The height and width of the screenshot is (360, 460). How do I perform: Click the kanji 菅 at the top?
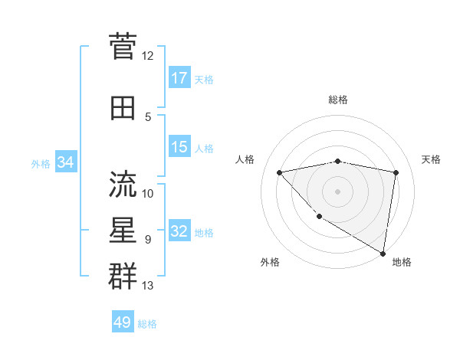pos(123,46)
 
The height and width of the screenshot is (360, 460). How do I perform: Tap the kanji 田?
pos(123,108)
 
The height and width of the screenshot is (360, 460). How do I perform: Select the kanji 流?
pos(123,184)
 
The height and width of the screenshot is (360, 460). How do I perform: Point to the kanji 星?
pos(123,230)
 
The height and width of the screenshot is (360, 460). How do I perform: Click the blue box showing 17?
pos(179,78)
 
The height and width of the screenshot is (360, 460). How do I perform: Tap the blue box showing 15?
pos(179,147)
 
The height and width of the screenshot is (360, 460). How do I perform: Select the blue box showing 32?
pos(179,232)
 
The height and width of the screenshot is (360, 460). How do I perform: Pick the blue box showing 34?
pos(66,162)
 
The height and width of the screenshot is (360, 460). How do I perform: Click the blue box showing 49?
pos(123,322)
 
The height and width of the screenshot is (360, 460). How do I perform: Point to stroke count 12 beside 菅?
pos(148,56)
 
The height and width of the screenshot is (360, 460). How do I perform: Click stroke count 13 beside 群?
pos(148,286)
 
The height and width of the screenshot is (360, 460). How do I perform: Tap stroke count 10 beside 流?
pos(148,193)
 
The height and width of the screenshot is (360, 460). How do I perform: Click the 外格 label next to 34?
pos(41,163)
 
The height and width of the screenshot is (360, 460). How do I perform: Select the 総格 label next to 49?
pos(147,323)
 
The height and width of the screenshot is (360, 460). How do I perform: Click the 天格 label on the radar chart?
pos(432,159)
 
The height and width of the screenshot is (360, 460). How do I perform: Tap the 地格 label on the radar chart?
pos(402,262)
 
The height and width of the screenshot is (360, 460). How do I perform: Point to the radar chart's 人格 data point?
pos(279,172)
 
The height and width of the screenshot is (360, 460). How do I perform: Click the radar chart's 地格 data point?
pos(383,253)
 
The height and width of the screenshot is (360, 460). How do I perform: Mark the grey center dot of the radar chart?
pos(337,191)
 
